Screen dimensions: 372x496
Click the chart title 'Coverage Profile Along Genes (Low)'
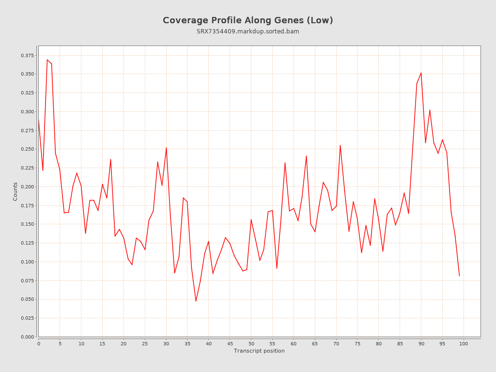[248, 20]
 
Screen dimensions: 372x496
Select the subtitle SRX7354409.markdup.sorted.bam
[248, 31]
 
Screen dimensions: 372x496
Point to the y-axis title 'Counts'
[15, 191]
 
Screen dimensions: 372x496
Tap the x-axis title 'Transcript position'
[259, 351]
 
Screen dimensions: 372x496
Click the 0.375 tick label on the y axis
[28, 55]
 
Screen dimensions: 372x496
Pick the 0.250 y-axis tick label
[28, 149]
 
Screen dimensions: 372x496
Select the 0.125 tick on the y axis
[28, 243]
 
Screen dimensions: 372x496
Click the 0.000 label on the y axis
[28, 337]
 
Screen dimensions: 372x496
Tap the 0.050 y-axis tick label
[28, 299]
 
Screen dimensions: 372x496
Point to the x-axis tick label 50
[251, 343]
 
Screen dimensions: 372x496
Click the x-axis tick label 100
[464, 343]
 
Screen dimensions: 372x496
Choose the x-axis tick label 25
[145, 343]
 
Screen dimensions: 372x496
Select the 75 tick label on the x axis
[357, 343]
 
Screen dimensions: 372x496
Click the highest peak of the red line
[47, 60]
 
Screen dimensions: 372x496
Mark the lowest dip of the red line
[196, 301]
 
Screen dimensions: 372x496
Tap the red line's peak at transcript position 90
[421, 73]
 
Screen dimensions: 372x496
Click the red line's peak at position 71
[340, 145]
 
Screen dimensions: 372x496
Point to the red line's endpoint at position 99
[459, 276]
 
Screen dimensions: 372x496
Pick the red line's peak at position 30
[166, 148]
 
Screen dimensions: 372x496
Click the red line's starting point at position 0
[39, 120]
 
